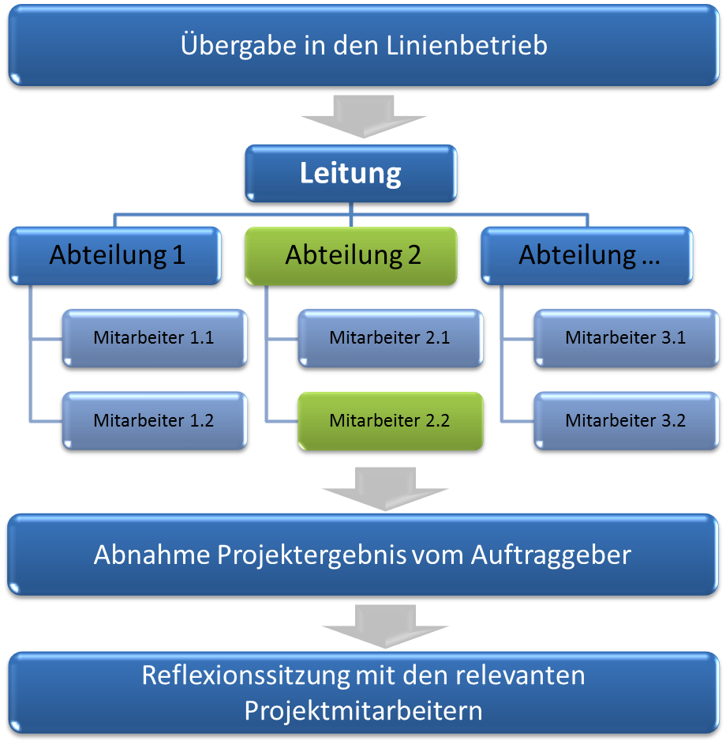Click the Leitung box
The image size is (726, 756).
point(350,173)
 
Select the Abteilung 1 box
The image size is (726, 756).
point(117,255)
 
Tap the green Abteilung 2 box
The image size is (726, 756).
point(352,255)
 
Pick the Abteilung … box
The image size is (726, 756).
point(589,255)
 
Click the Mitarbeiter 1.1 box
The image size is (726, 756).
point(154,338)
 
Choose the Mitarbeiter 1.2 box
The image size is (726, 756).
point(154,421)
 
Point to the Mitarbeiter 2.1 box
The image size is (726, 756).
point(390,338)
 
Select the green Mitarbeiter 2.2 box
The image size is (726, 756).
point(390,421)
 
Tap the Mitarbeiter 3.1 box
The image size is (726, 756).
point(626,338)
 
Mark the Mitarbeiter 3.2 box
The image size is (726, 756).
point(626,421)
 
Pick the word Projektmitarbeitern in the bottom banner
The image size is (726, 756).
point(363,710)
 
